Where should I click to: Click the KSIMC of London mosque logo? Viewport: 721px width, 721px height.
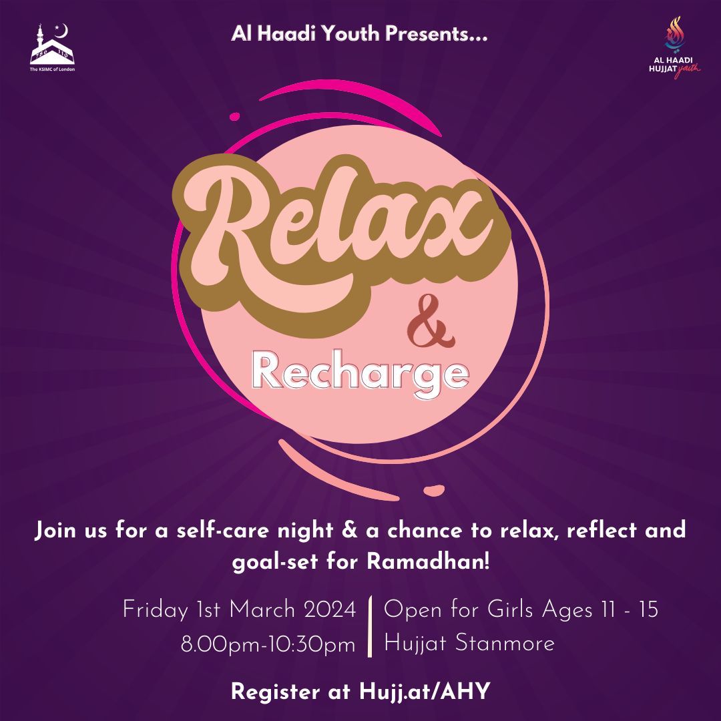52,47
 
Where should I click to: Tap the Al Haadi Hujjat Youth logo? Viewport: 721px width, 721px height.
674,48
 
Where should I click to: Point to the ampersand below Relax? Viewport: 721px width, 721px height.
431,322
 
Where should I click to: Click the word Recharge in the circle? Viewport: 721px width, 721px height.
360,373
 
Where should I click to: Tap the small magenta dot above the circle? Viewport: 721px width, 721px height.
234,117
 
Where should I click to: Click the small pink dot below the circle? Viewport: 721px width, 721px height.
434,491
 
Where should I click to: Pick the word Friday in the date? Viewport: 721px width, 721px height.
156,611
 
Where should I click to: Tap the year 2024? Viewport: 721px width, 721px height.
330,610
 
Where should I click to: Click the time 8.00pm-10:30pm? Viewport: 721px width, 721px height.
268,644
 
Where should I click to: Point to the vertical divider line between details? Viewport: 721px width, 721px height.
370,626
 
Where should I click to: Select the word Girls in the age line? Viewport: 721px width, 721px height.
510,610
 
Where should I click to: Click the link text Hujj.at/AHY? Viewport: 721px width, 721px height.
425,692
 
